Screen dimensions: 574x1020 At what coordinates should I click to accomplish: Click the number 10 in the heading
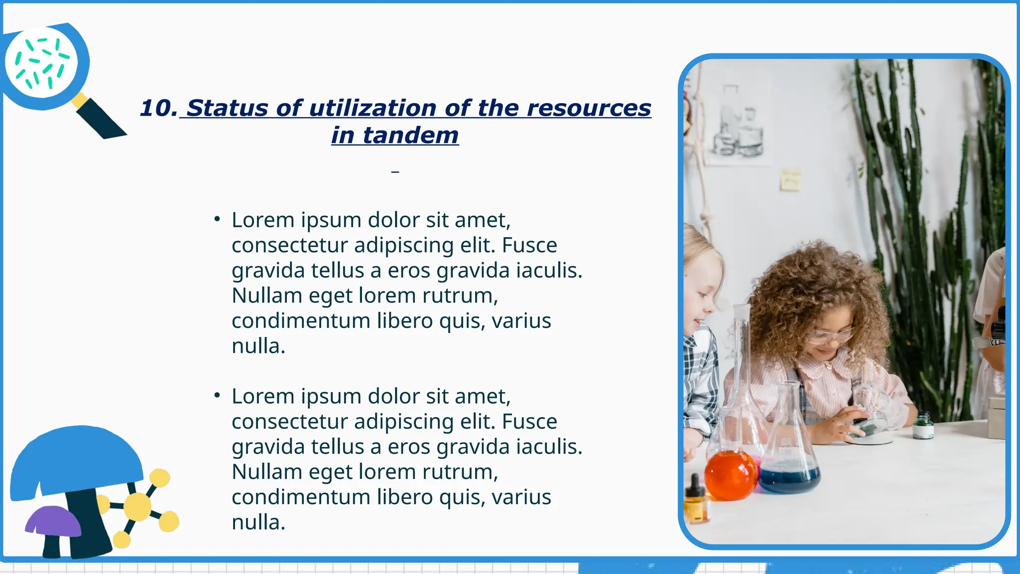(x=157, y=108)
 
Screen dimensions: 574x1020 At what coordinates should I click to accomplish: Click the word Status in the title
(x=227, y=108)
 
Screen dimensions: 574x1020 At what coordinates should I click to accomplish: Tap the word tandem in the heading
(x=410, y=135)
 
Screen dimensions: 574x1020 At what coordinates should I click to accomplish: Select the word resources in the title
(x=589, y=108)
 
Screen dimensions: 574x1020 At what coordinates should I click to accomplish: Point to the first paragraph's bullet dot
(x=217, y=219)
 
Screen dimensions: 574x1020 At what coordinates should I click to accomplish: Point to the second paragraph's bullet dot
(x=217, y=396)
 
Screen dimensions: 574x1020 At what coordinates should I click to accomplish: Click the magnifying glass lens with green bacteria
(x=41, y=63)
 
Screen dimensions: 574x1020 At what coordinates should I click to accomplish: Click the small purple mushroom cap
(x=53, y=521)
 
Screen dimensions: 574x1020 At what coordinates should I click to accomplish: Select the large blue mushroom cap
(x=77, y=461)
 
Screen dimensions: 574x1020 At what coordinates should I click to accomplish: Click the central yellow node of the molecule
(x=137, y=506)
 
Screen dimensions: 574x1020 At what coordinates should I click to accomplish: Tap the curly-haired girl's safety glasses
(x=829, y=335)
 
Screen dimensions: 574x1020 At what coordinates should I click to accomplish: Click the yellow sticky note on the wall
(x=790, y=180)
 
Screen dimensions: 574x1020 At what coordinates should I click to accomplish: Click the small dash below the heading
(x=395, y=172)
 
